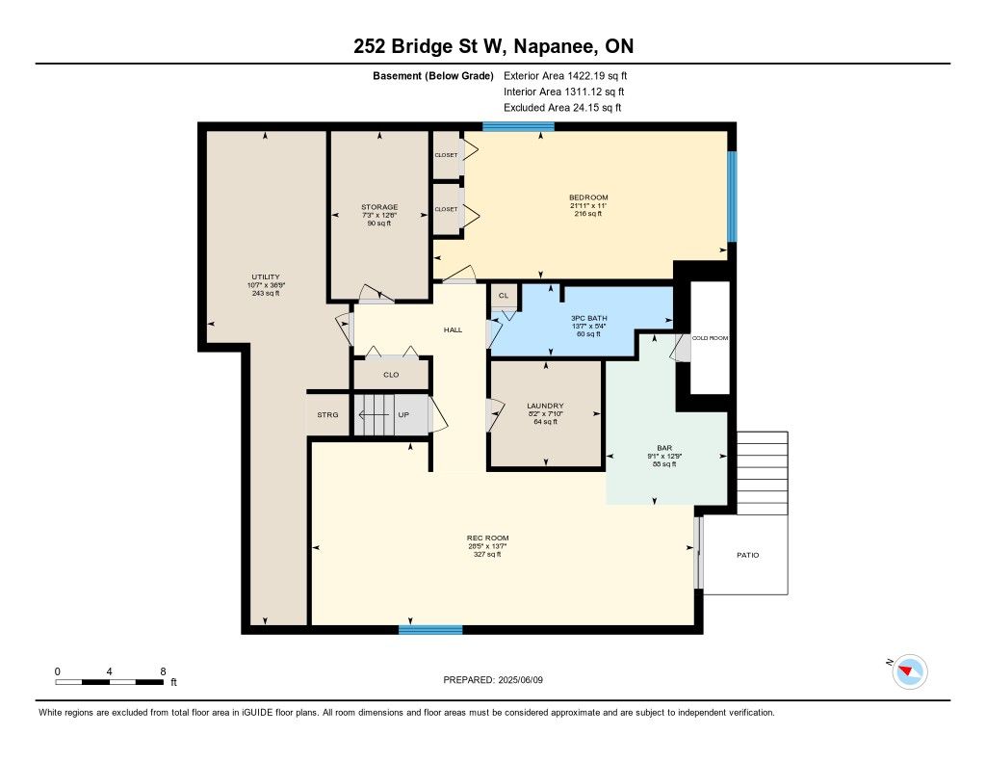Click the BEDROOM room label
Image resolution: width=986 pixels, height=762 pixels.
(588, 197)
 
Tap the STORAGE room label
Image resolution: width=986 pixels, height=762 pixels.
(379, 207)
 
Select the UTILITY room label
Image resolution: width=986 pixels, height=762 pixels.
(266, 276)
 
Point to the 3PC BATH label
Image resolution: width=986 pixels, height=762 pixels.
(588, 319)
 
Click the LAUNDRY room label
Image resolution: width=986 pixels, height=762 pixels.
(545, 406)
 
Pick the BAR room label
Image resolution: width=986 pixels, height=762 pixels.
(664, 448)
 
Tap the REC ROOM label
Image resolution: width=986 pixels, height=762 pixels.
(487, 538)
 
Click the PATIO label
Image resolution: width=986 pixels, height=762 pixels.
(747, 555)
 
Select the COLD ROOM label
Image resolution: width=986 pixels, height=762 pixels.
(710, 338)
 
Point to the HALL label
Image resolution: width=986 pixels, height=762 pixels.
(453, 329)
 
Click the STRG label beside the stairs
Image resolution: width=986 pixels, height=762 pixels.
(327, 414)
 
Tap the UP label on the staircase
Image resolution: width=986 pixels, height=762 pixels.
(403, 414)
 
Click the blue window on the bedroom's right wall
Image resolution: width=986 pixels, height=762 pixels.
(732, 197)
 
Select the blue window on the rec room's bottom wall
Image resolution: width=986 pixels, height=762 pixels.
(430, 629)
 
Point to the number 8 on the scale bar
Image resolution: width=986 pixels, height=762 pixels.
(163, 671)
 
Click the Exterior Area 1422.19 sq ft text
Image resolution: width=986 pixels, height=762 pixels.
(565, 76)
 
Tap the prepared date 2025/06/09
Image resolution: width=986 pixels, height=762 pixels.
(520, 679)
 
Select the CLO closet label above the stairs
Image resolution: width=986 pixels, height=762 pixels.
(391, 375)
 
